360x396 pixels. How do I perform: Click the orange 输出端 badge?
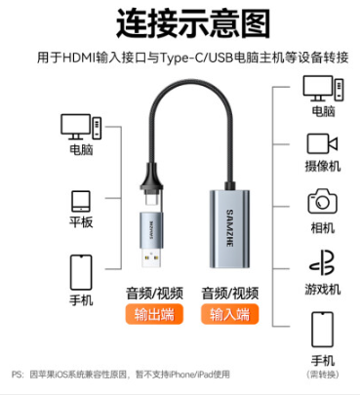(x=154, y=314)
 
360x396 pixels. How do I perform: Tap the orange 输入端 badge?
(x=229, y=314)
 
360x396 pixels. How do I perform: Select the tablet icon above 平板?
(x=81, y=202)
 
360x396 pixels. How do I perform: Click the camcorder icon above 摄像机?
(x=322, y=143)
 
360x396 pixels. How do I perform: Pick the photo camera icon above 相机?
(x=322, y=202)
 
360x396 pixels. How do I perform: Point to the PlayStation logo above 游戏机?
(x=322, y=262)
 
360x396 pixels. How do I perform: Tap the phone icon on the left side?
(x=81, y=272)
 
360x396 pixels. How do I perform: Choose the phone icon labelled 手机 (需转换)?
(x=322, y=330)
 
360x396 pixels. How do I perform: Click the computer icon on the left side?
(x=81, y=127)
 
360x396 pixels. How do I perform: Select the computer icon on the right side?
(x=323, y=89)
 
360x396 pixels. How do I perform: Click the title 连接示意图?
(x=193, y=23)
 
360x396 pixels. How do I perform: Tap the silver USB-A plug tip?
(x=151, y=258)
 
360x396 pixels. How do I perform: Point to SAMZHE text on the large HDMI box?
(x=229, y=228)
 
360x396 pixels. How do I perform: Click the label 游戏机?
(x=323, y=289)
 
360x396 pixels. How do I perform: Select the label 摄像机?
(x=323, y=166)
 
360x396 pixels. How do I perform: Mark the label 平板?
(x=81, y=222)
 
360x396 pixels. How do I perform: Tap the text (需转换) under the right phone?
(x=323, y=375)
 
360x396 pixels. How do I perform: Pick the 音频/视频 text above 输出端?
(x=154, y=294)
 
